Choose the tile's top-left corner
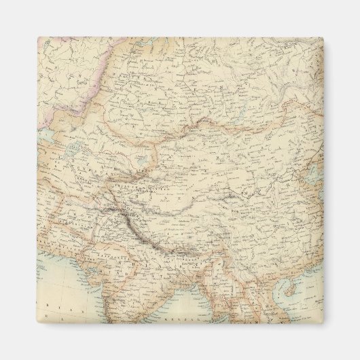point(37,37)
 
